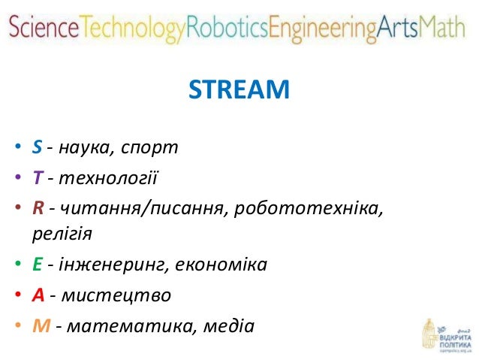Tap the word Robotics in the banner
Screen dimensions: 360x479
pyautogui.click(x=227, y=29)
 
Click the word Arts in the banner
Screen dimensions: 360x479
pyautogui.click(x=399, y=29)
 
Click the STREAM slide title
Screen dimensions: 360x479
pyautogui.click(x=239, y=90)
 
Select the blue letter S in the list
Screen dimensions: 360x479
pyautogui.click(x=36, y=146)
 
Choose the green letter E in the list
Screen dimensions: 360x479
pyautogui.click(x=36, y=265)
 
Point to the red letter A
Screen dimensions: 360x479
pyautogui.click(x=37, y=295)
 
